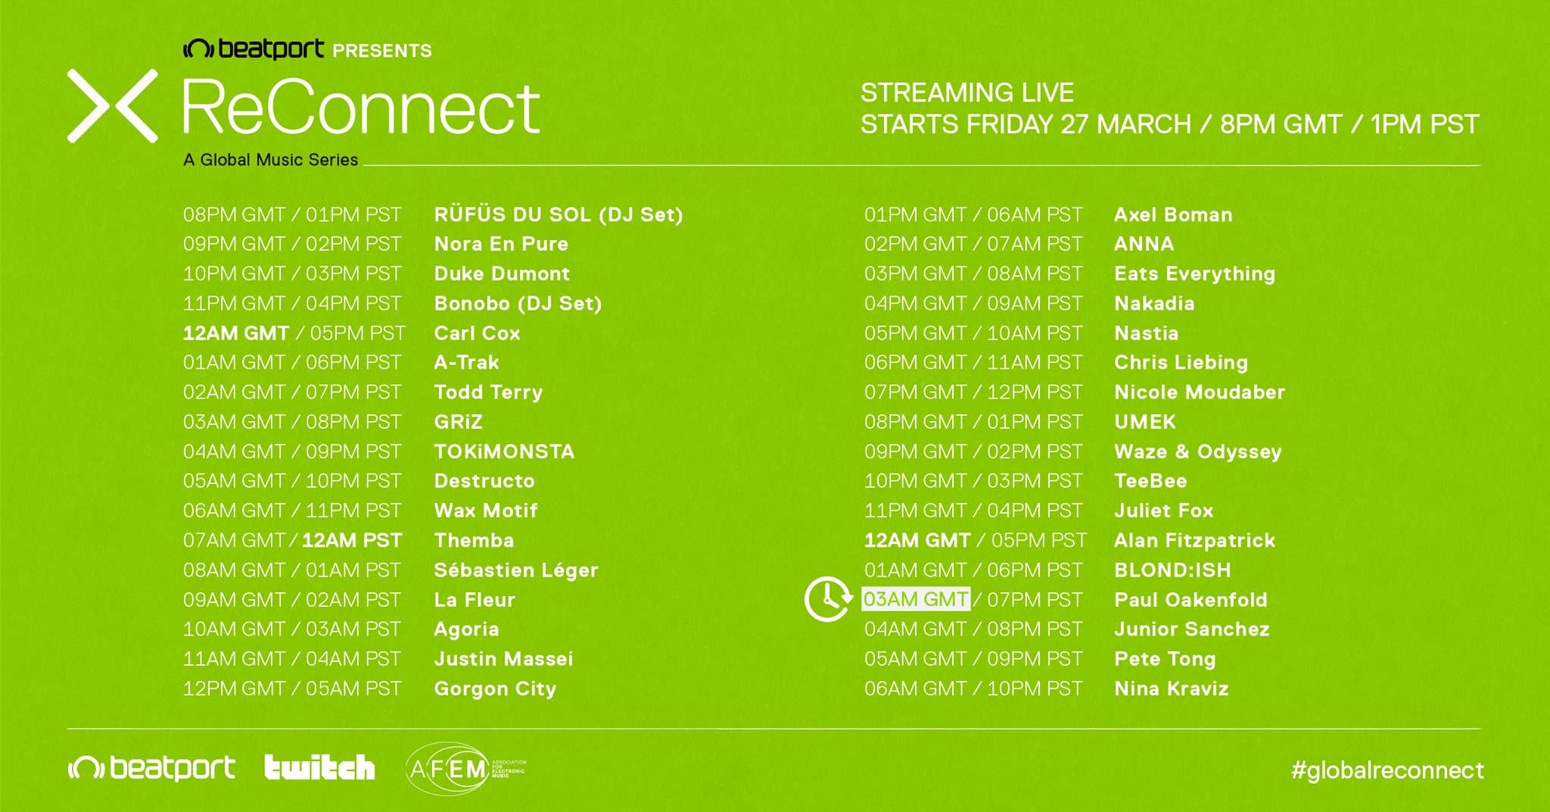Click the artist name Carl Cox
point(477,333)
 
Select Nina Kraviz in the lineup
point(1171,689)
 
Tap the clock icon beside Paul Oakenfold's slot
point(828,599)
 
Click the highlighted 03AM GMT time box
point(916,599)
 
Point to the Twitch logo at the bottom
point(319,767)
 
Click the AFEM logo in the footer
point(465,769)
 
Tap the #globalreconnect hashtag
point(1387,770)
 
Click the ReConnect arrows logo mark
point(112,106)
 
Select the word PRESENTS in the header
point(382,51)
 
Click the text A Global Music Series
point(270,160)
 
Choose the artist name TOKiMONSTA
point(504,451)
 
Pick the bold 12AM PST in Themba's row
point(352,540)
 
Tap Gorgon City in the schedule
point(495,689)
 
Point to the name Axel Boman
point(1173,215)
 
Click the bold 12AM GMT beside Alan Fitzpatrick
point(917,540)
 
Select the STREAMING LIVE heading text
point(967,92)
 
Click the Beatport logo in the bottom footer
point(151,768)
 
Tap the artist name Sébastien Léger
point(516,570)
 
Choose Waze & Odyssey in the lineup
point(1197,452)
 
